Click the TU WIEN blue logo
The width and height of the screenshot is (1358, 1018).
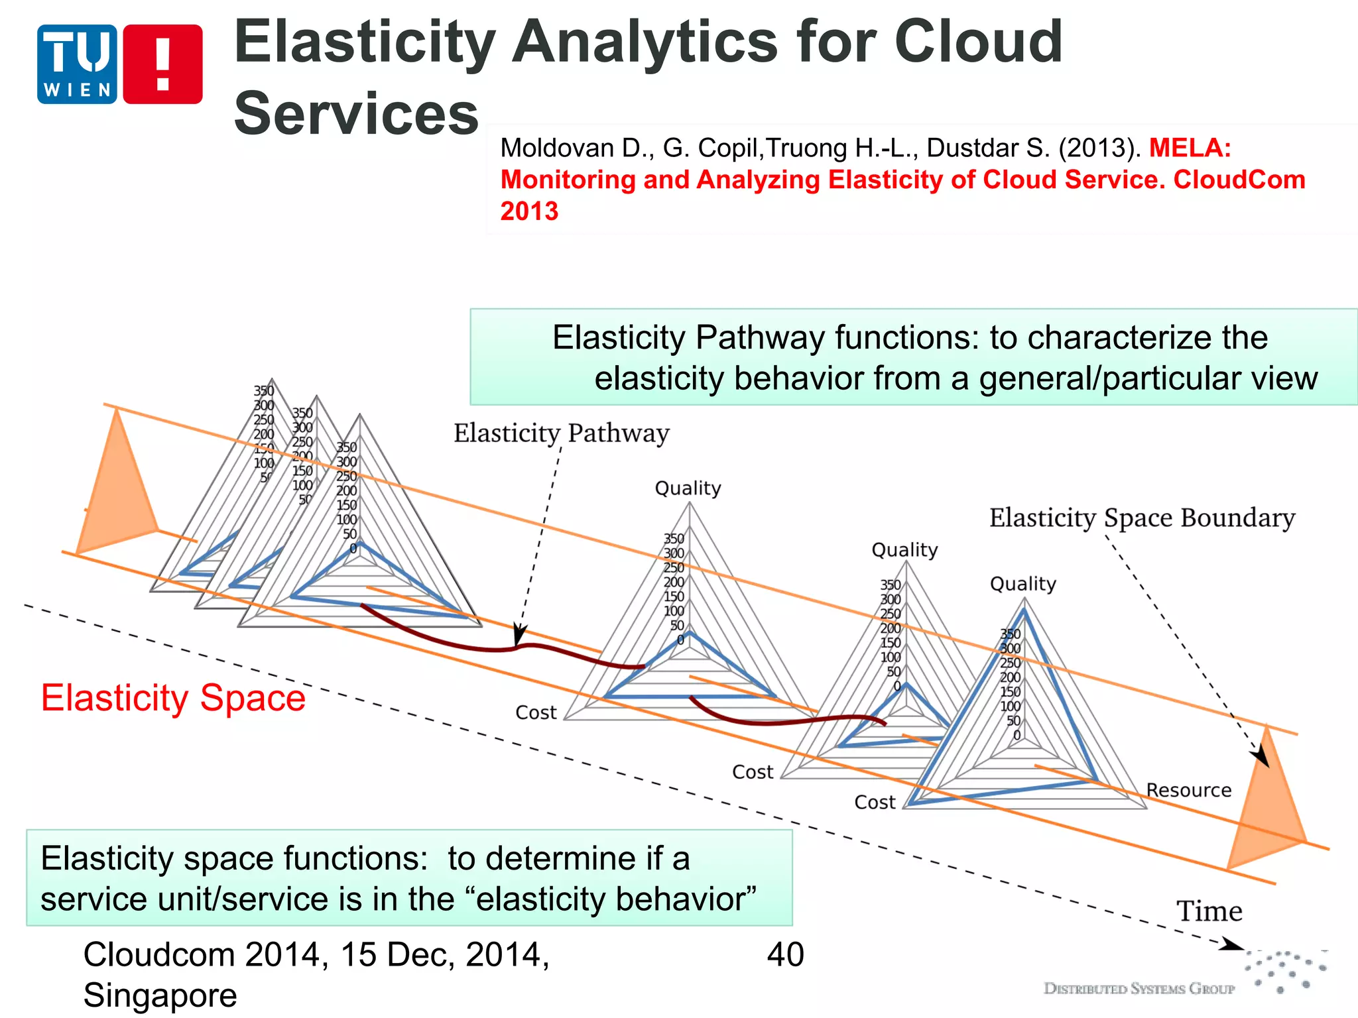pos(77,64)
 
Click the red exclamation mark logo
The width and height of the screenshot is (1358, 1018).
pos(162,64)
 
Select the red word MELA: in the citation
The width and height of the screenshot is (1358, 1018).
pos(1190,147)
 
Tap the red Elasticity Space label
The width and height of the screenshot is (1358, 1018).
pos(173,698)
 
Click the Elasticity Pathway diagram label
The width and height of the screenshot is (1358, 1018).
pos(561,433)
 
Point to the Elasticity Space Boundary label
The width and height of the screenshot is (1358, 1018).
pos(1142,518)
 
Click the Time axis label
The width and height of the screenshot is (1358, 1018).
pos(1209,911)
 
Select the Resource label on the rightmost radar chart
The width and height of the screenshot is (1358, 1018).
pos(1188,790)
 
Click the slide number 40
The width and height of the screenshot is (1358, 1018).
pos(785,955)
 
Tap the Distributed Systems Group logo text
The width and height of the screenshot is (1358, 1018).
pos(1139,988)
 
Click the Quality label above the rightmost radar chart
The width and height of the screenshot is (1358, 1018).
pos(1022,584)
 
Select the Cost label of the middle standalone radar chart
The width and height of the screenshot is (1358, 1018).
pos(752,772)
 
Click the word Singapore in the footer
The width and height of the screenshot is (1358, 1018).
pos(160,995)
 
